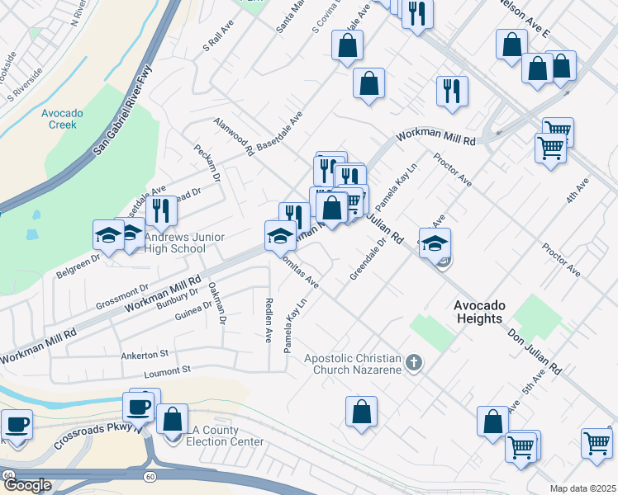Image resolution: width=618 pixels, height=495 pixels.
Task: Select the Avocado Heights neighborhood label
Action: [x=490, y=312]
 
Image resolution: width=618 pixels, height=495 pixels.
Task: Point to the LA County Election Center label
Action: [x=224, y=436]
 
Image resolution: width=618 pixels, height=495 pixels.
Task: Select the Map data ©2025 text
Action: [x=582, y=488]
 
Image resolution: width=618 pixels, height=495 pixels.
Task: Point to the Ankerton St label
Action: [x=145, y=355]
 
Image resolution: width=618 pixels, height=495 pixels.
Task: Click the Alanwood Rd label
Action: [x=234, y=137]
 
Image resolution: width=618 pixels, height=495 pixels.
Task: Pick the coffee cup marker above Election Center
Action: [x=139, y=405]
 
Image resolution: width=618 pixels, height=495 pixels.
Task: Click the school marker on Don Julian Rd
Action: [x=435, y=243]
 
